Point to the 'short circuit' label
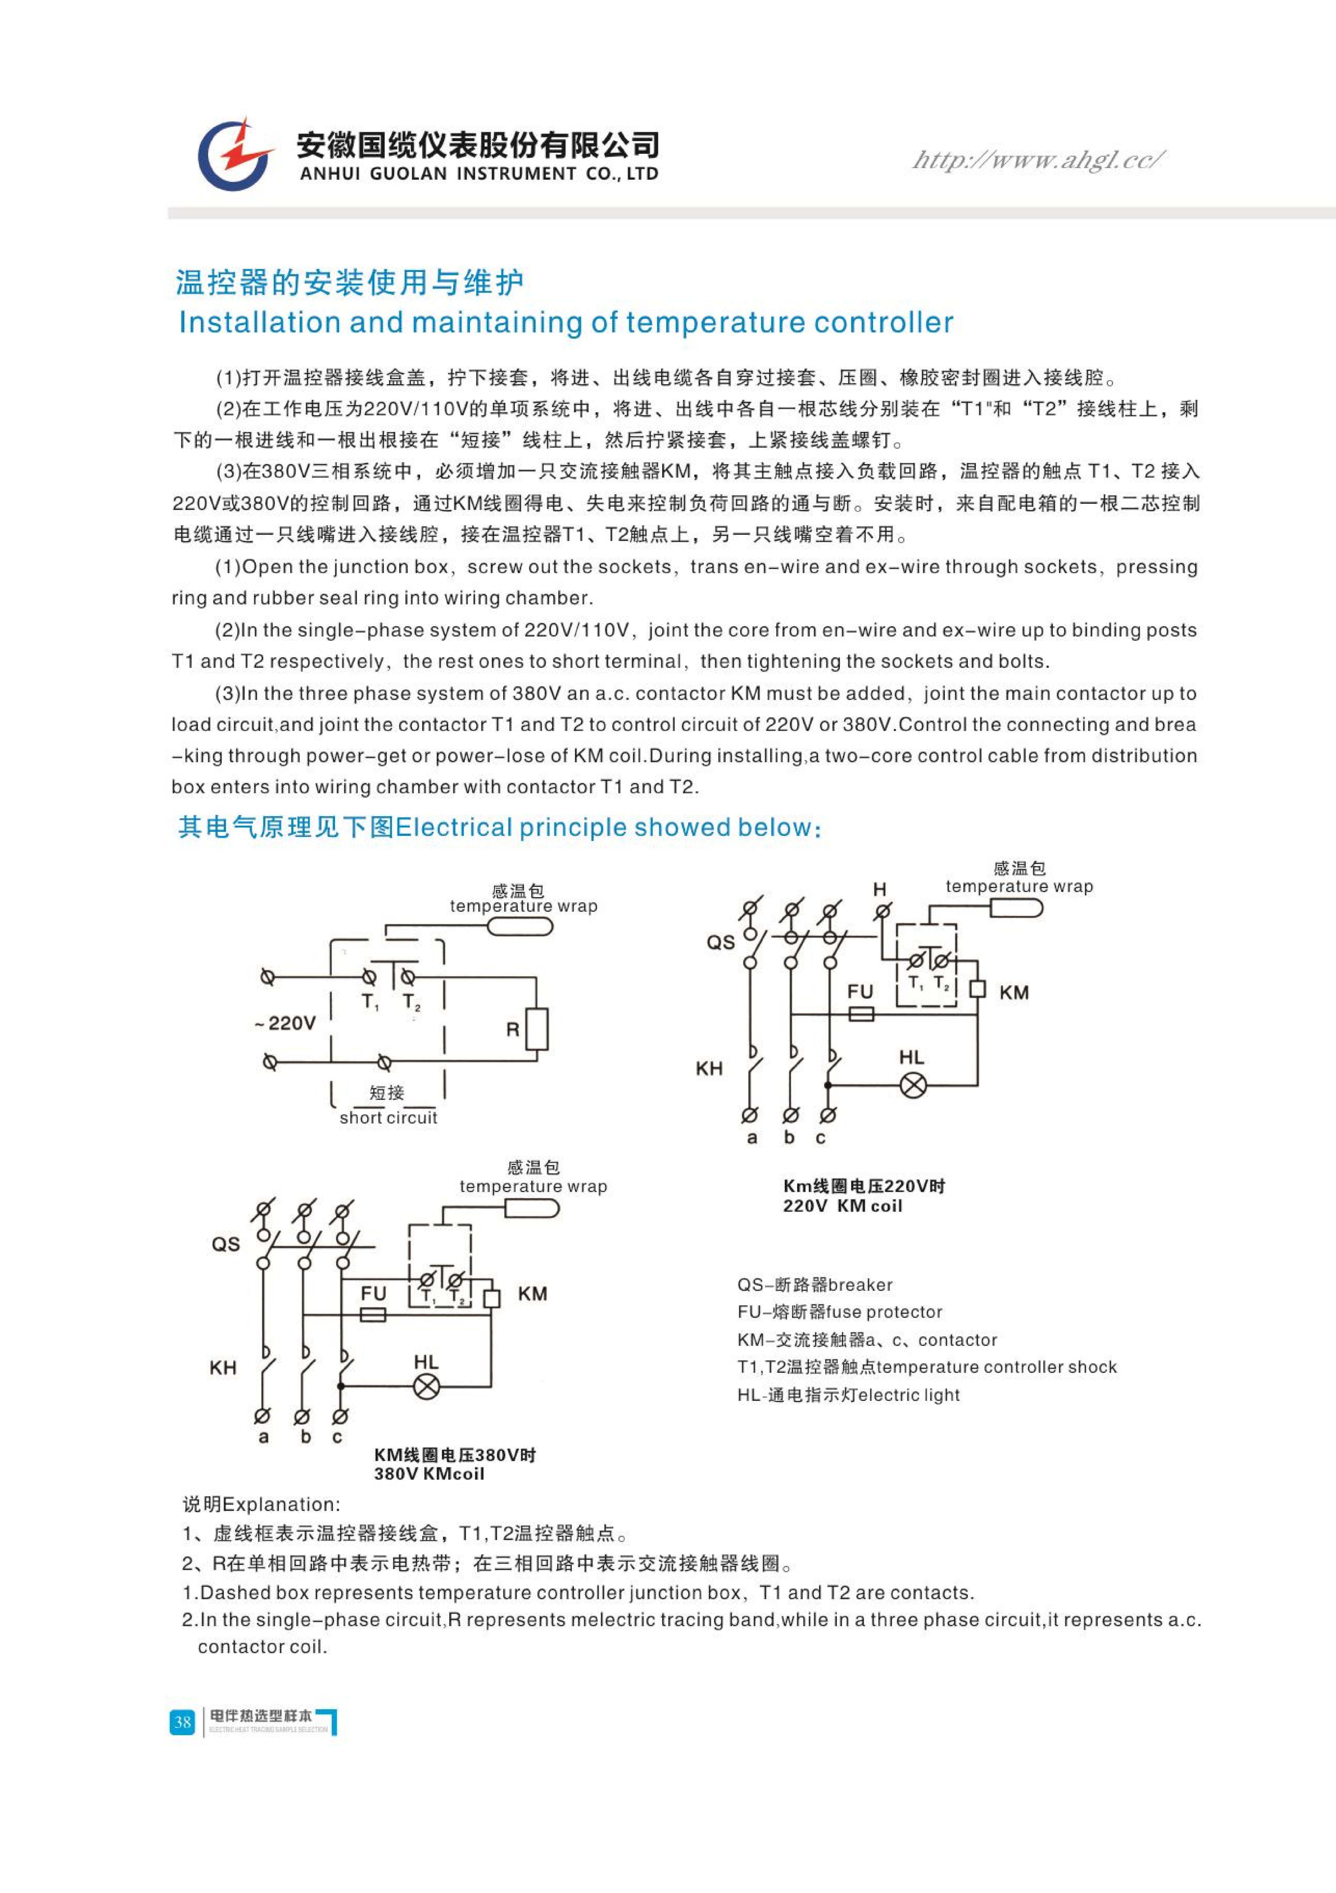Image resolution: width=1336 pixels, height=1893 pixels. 388,1118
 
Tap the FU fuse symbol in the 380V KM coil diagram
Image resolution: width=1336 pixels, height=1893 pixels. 374,1315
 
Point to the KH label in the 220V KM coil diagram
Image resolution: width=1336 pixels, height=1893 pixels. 709,1068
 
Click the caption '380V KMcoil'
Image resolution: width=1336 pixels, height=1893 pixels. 429,1474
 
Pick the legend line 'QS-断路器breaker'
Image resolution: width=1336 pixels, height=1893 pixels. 815,1285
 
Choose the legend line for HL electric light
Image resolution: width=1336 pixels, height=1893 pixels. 848,1395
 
